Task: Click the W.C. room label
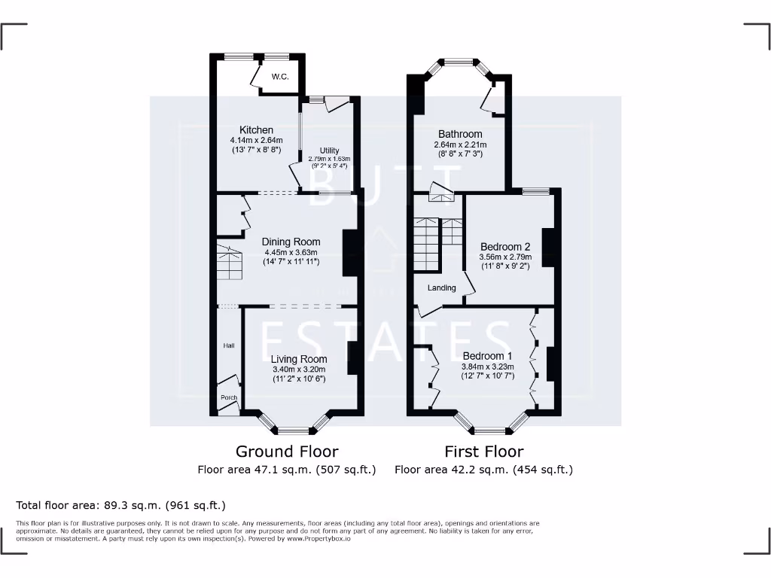[280, 77]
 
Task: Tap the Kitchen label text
[256, 130]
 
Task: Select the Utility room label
[329, 151]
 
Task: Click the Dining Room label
[291, 242]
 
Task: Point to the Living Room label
[300, 359]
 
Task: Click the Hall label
[229, 345]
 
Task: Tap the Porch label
[228, 397]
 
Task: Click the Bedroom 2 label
[505, 246]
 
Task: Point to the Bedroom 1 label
[487, 355]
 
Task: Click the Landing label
[442, 287]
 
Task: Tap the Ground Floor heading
[287, 452]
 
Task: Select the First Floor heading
[483, 452]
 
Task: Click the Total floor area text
[120, 505]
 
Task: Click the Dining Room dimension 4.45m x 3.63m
[291, 252]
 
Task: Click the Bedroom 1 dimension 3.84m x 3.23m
[487, 367]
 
